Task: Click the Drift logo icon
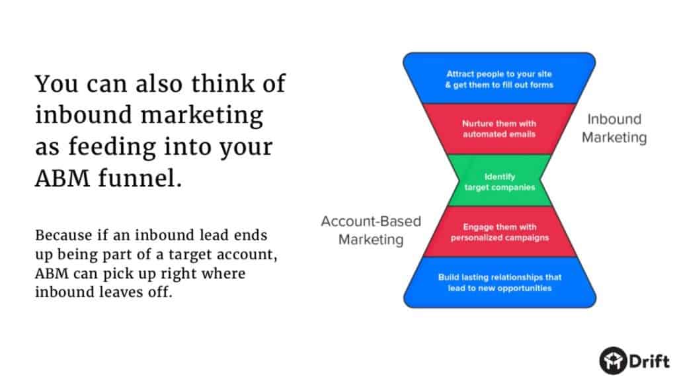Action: click(x=613, y=360)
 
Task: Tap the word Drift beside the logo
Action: click(x=649, y=360)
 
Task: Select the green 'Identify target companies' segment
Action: click(x=500, y=181)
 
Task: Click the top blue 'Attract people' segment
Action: click(x=500, y=78)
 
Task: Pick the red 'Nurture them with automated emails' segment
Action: click(x=500, y=129)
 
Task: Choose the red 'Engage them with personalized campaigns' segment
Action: click(x=500, y=232)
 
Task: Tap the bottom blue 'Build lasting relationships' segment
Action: click(x=500, y=282)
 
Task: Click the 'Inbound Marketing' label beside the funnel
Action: click(x=614, y=128)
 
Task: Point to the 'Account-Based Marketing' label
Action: click(x=371, y=230)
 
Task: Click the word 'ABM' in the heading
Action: click(x=63, y=178)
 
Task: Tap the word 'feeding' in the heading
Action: click(x=112, y=147)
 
